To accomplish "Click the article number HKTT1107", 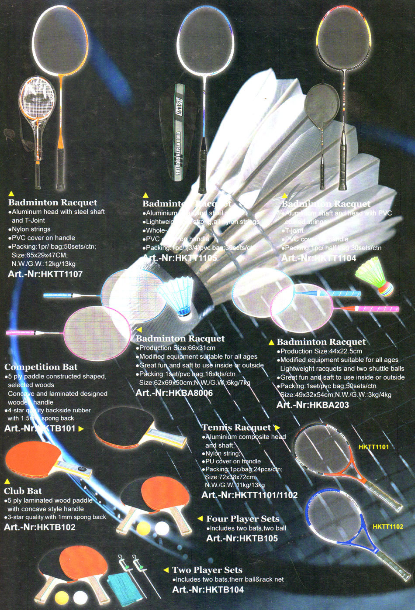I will [45, 274].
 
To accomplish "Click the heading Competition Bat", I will [41, 367].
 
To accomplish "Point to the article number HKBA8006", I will [174, 393].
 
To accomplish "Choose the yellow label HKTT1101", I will [373, 447].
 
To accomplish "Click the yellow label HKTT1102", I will [388, 527].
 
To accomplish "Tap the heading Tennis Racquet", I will [236, 427].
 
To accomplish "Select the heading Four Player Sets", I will [242, 519].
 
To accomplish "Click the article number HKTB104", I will [208, 589].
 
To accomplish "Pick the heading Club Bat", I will [23, 491].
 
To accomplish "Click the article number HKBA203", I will [313, 405].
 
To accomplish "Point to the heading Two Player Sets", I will [207, 570].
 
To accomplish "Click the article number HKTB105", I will [242, 538].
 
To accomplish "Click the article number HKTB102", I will [40, 527].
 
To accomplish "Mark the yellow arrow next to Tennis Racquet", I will [277, 427].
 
